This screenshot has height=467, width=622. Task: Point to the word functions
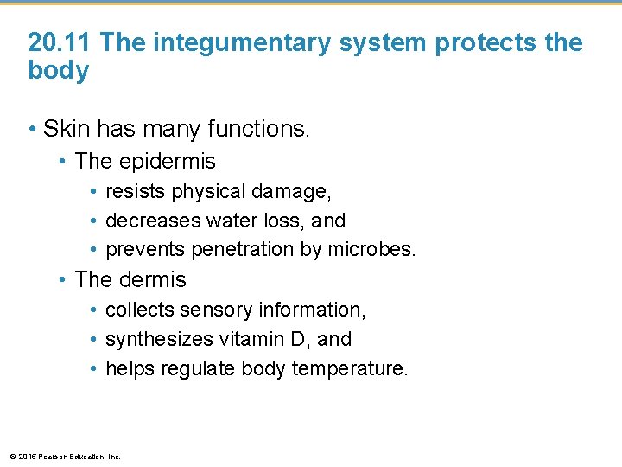pyautogui.click(x=258, y=130)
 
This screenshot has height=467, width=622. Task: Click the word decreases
pyautogui.click(x=150, y=221)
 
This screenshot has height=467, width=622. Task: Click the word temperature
pyautogui.click(x=349, y=369)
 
